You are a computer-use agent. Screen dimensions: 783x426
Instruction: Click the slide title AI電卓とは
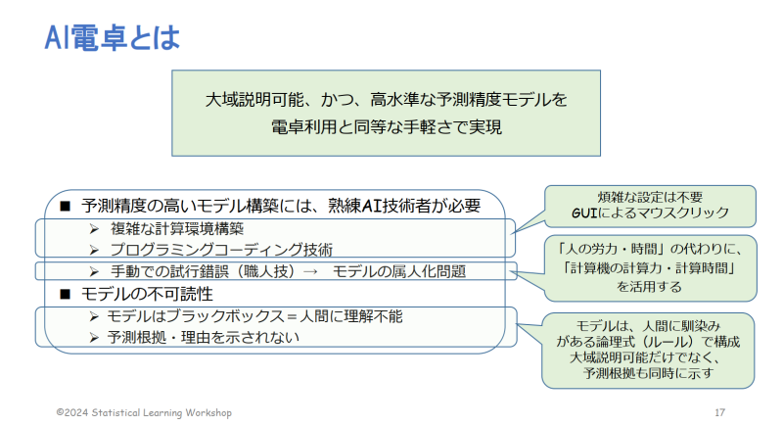click(x=112, y=37)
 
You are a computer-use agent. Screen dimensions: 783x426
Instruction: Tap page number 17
click(x=719, y=412)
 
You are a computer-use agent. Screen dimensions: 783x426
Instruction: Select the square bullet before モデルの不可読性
click(x=65, y=294)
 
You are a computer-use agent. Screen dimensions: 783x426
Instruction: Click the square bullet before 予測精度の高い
click(x=65, y=206)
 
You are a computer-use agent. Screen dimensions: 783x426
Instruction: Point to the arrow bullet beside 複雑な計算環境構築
click(x=94, y=229)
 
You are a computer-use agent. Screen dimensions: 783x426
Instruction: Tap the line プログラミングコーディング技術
click(x=221, y=249)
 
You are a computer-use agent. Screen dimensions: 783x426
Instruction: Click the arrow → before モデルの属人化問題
click(x=310, y=271)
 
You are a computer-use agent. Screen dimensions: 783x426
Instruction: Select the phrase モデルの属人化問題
click(x=399, y=271)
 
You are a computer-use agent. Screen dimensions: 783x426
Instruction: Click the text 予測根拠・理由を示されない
click(x=203, y=338)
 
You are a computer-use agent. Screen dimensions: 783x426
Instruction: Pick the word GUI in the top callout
click(x=584, y=213)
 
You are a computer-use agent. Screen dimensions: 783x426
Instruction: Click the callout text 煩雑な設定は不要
click(x=650, y=197)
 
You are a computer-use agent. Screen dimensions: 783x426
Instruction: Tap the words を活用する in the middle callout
click(x=649, y=287)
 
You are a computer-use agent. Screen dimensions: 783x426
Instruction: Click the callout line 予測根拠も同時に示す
click(x=648, y=373)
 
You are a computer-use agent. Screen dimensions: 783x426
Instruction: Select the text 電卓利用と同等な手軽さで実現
click(x=386, y=127)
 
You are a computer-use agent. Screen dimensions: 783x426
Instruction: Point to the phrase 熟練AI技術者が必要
click(x=404, y=206)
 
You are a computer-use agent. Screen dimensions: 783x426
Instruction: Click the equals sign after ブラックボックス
click(x=292, y=316)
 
